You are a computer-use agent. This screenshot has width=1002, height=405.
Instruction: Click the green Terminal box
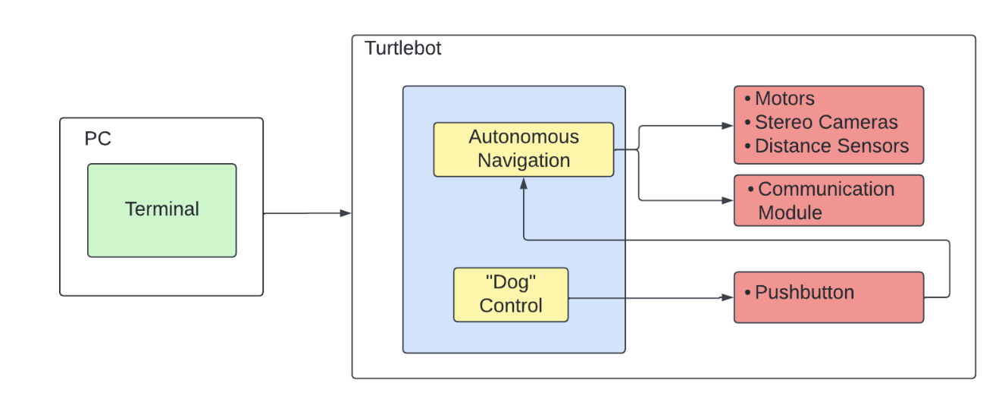coord(161,210)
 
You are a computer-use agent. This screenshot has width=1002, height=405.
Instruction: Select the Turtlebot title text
coord(402,49)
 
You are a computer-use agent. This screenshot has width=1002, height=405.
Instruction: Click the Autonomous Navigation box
coord(523,149)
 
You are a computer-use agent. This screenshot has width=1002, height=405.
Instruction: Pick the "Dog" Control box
coord(510,294)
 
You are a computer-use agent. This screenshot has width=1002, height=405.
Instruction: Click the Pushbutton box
coord(828,297)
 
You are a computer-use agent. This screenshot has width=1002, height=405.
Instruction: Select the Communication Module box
coord(828,200)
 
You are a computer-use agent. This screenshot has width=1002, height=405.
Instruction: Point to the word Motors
coord(784,99)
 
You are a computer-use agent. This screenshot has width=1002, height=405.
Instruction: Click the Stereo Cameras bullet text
coord(825,122)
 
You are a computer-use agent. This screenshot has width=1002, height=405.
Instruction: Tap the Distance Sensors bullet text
coord(831,146)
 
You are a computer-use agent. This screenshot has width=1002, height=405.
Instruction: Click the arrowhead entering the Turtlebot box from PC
coord(346,213)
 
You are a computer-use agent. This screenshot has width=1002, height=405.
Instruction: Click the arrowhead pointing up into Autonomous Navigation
coord(523,183)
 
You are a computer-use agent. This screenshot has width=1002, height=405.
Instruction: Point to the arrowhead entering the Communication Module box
coord(728,200)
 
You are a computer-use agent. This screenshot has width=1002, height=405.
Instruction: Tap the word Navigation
coord(523,161)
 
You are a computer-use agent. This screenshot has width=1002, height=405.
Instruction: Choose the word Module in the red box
coord(790,212)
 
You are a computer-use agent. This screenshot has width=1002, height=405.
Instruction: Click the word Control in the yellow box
coord(510,306)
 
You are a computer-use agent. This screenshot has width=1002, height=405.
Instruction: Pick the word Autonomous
coord(523,137)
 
